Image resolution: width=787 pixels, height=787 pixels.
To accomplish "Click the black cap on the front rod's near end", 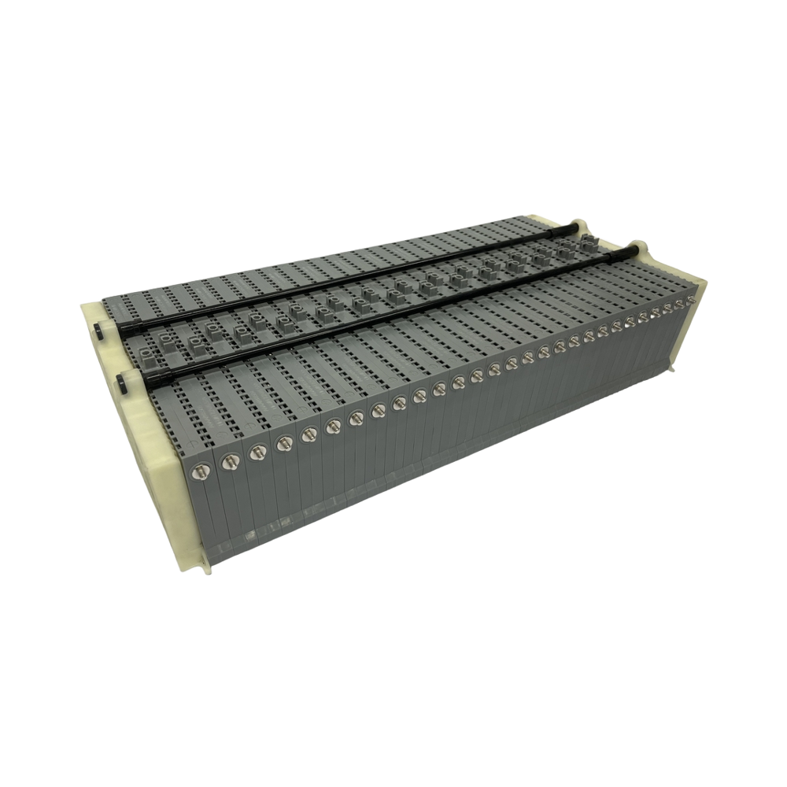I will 122,385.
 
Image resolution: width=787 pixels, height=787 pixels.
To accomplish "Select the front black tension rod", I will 378,315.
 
